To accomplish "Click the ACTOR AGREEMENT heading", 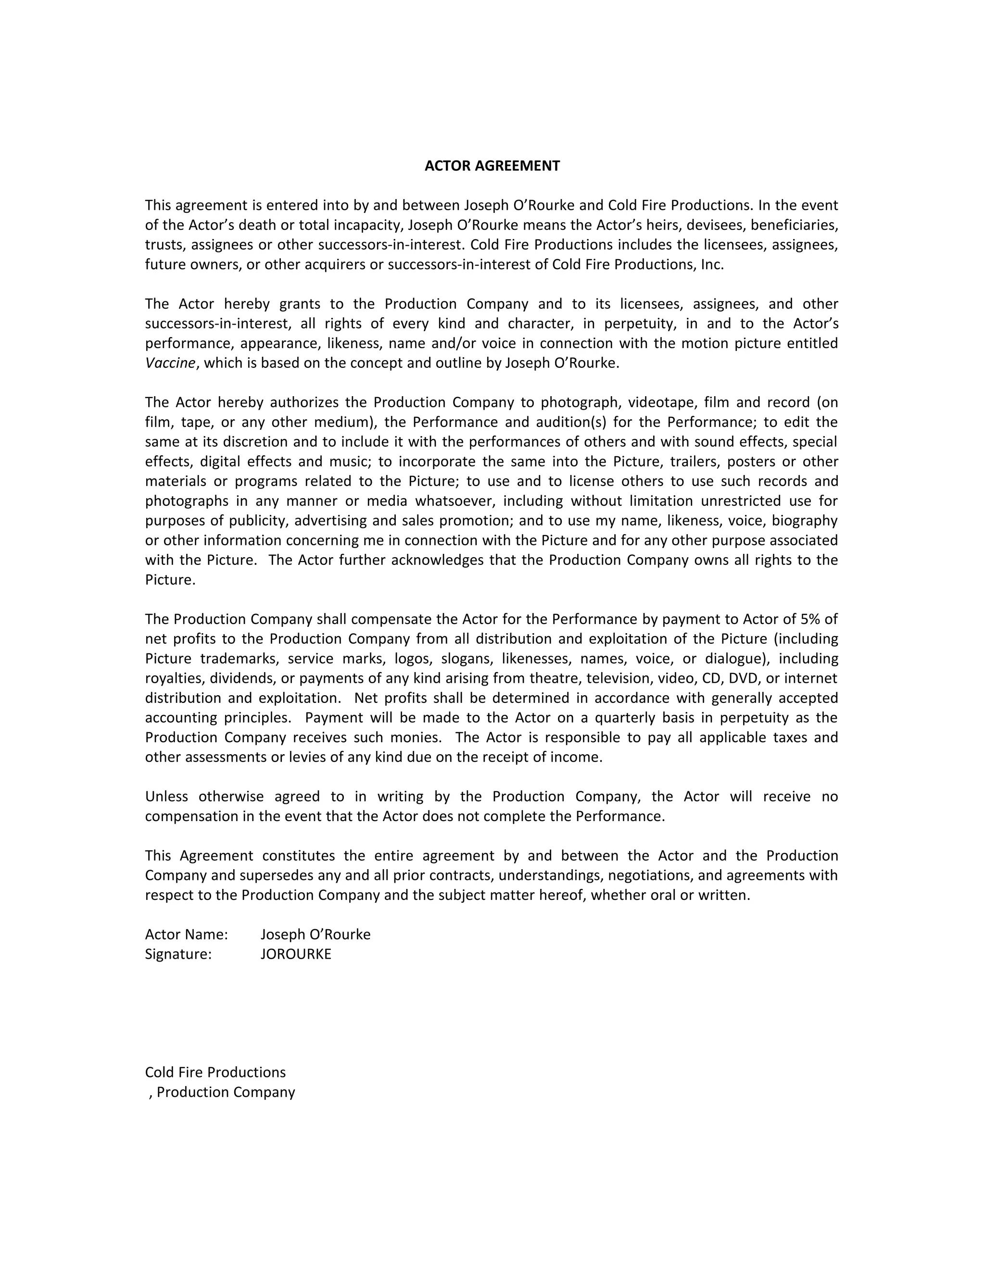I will click(492, 166).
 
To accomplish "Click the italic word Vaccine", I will click(170, 363).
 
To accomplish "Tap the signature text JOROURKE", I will click(295, 954).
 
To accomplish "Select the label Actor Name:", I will click(186, 934).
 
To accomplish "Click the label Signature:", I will click(178, 954).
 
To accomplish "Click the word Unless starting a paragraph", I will click(166, 796).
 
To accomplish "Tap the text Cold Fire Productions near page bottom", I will click(215, 1072).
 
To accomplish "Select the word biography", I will click(804, 520).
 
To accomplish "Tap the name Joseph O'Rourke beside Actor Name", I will click(315, 934).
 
